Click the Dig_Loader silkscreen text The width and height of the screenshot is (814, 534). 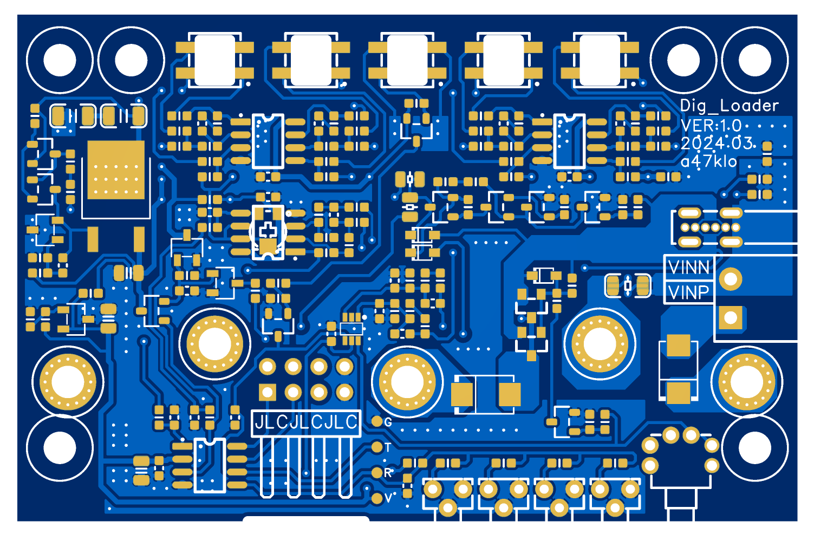coord(729,106)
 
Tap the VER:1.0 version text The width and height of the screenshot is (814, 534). coord(711,126)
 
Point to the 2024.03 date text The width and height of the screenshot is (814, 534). coord(717,143)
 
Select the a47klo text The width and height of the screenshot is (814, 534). coord(708,161)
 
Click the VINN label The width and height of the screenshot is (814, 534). coord(689,268)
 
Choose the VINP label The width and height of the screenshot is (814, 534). coord(689,292)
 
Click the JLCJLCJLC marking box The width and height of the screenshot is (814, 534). coord(306,423)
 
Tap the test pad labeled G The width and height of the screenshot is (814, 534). coord(377,422)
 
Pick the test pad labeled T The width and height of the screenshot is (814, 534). coord(377,447)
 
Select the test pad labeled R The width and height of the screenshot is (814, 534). coord(377,473)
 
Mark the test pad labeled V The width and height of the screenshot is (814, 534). coord(377,498)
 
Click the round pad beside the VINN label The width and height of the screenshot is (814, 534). coord(731,279)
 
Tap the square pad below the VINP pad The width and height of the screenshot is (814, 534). coord(731,318)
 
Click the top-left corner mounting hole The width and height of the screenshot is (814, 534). coord(60,60)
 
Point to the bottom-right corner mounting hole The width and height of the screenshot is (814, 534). coord(754,448)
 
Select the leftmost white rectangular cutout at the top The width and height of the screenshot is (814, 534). coord(215,60)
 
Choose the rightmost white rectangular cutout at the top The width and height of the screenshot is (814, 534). coord(600,60)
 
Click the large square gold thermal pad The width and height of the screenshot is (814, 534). coord(116,170)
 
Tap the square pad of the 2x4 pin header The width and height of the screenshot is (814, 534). coord(268,393)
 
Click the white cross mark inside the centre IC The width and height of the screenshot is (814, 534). coord(268,230)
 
